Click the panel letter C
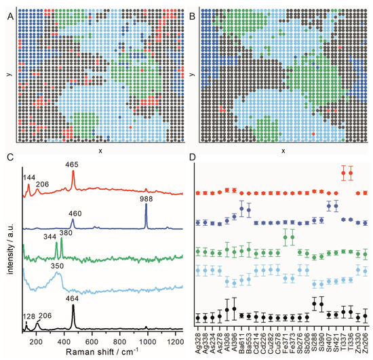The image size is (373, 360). coord(7,158)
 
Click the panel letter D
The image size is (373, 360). coord(193,158)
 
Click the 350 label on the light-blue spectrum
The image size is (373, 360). coord(56,268)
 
